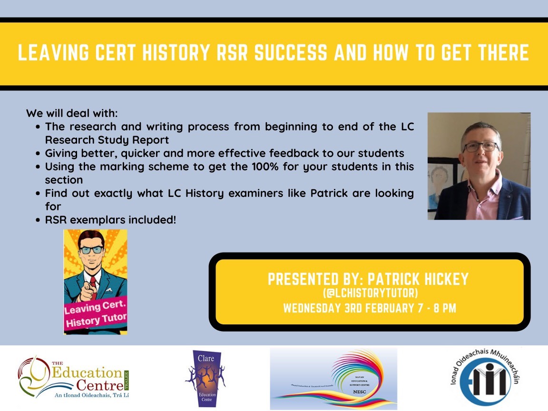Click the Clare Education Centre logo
(x=206, y=378)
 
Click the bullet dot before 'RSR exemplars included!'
(x=38, y=220)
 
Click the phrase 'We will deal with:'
(x=71, y=114)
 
